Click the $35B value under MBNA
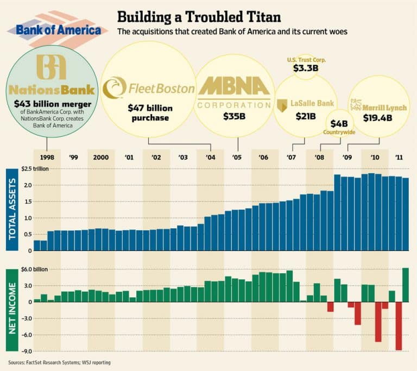[x=235, y=116]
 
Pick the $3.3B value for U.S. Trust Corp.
[x=306, y=68]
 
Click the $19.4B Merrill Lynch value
[x=377, y=118]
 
